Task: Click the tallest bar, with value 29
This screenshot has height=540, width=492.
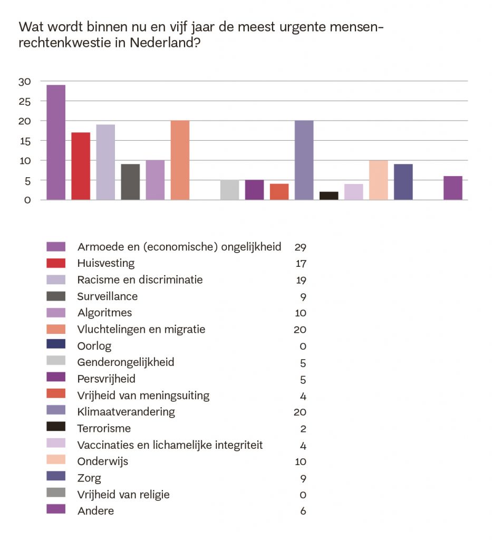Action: tap(56, 142)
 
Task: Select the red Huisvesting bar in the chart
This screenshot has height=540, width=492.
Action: tap(81, 166)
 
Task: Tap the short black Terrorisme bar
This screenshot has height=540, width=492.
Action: tap(329, 196)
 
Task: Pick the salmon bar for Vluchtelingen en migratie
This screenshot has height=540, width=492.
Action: tap(180, 160)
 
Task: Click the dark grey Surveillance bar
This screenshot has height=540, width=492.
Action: tap(130, 182)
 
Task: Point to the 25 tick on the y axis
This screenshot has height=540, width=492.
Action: tap(25, 101)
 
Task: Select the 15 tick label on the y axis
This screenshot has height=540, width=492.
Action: tap(25, 141)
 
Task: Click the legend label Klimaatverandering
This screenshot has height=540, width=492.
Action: tap(126, 412)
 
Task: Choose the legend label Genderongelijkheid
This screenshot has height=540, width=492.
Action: tap(126, 362)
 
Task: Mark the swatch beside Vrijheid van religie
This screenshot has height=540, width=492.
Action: tap(56, 493)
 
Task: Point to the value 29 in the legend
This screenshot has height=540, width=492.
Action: tap(301, 247)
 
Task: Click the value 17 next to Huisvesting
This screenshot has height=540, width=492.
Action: tap(301, 264)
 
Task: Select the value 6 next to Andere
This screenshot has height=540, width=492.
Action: tap(303, 511)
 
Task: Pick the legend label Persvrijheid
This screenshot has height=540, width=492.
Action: tap(106, 379)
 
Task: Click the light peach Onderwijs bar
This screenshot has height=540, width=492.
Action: tap(379, 180)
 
